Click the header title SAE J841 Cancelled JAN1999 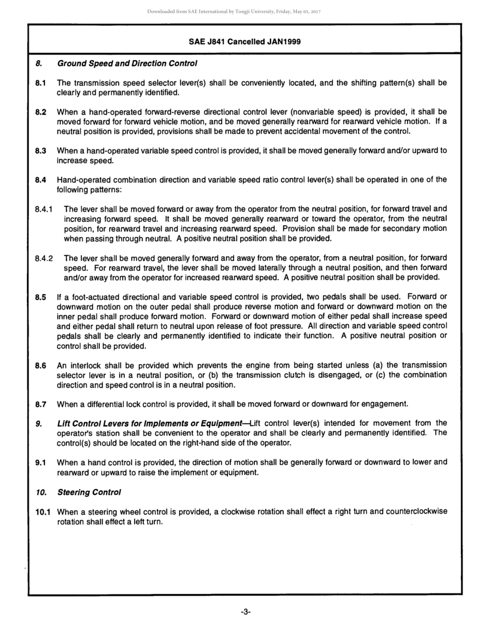(x=244, y=42)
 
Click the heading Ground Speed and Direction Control (x=127, y=63)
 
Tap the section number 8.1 (x=40, y=83)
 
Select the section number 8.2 (x=40, y=112)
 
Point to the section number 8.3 (x=40, y=151)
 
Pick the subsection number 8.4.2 (x=44, y=258)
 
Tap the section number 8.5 (x=40, y=297)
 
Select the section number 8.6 (x=40, y=366)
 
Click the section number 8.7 (x=40, y=404)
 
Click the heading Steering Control (x=89, y=492)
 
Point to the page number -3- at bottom (x=245, y=612)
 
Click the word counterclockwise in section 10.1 (x=416, y=511)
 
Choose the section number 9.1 (x=40, y=462)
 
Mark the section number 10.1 (x=42, y=512)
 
